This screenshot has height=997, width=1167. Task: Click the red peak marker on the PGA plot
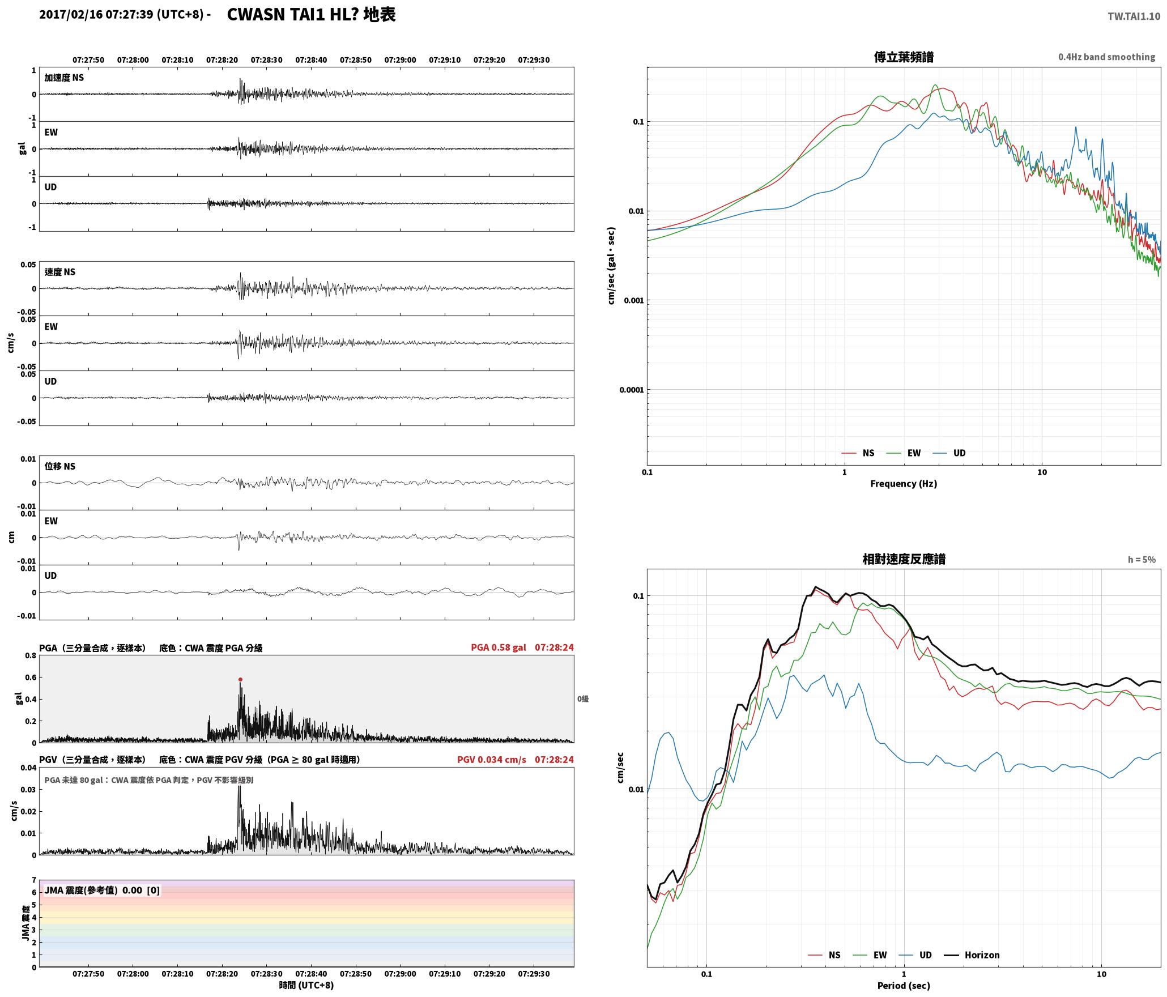point(240,679)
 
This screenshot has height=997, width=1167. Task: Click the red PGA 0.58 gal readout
point(499,647)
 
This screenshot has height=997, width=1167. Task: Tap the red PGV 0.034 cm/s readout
point(492,760)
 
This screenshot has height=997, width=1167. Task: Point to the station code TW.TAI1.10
point(1134,16)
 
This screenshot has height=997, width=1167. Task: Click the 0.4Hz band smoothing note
point(1106,57)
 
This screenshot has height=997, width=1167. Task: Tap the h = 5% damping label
point(1142,560)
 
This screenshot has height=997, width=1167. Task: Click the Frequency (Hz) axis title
point(904,484)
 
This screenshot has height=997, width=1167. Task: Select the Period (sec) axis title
point(904,986)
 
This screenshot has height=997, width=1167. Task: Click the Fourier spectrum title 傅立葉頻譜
point(904,57)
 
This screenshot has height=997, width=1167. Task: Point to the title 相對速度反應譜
point(904,559)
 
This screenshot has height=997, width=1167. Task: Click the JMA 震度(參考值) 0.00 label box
point(102,891)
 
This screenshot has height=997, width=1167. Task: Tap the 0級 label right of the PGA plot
point(583,699)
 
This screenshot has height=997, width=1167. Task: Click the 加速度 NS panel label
point(64,78)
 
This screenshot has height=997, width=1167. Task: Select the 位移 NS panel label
point(60,466)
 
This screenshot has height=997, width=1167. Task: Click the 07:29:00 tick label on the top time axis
point(400,60)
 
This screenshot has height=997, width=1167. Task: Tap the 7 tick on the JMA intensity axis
point(34,880)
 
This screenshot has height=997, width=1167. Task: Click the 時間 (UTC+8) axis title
point(306,985)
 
